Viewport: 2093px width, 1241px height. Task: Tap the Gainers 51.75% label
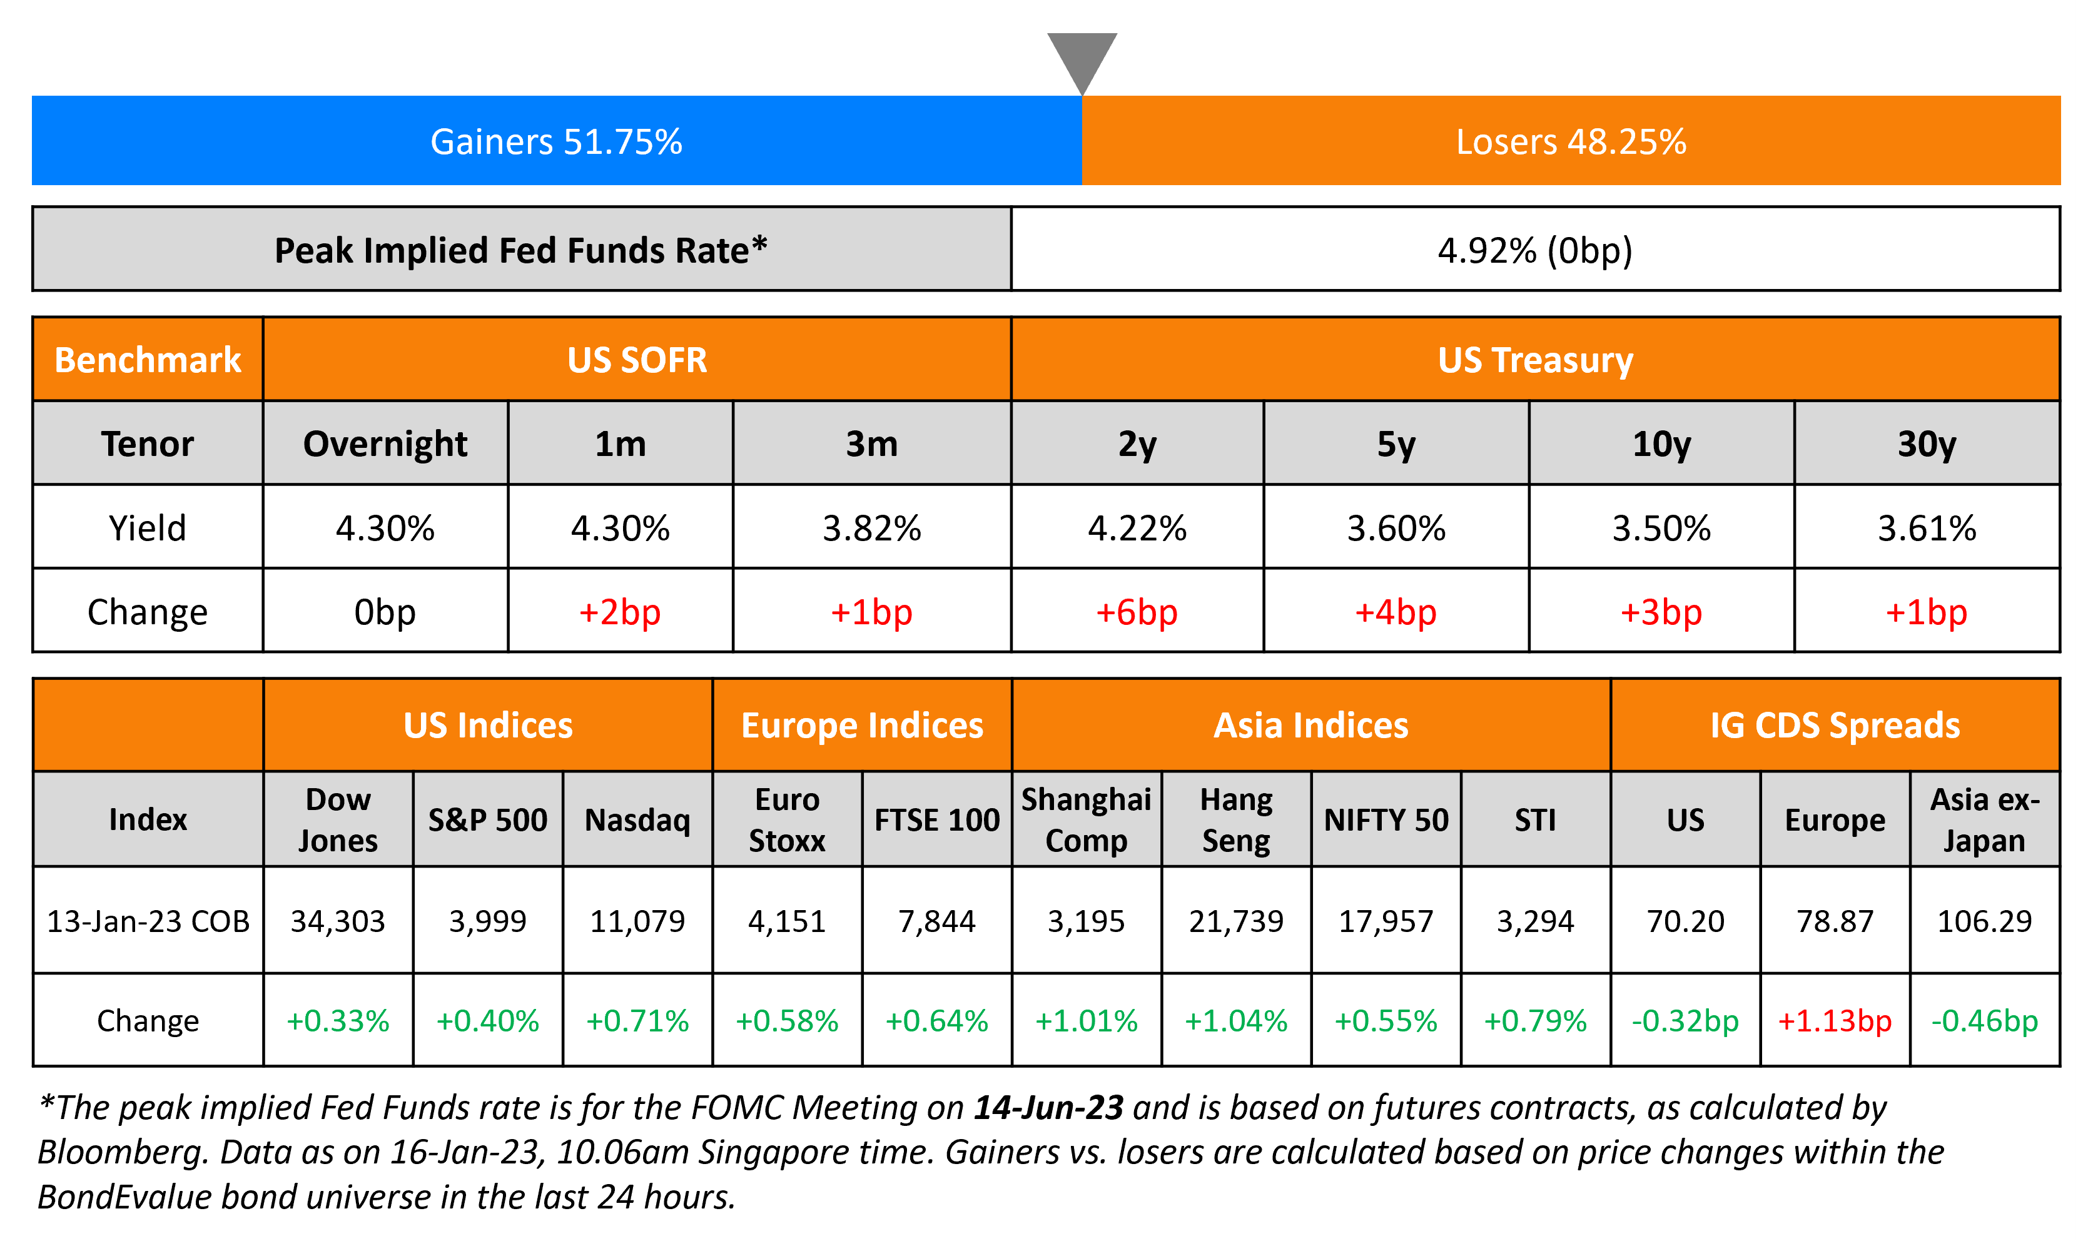[x=556, y=141]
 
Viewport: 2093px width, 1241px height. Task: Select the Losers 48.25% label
[x=1571, y=141]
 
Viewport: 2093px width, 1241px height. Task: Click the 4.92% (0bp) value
[x=1534, y=250]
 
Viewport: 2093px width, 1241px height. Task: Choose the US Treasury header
[x=1534, y=360]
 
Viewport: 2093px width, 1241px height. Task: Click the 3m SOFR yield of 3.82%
[x=871, y=528]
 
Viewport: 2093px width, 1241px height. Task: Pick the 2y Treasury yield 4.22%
[x=1137, y=528]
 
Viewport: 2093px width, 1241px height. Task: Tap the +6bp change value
[x=1137, y=612]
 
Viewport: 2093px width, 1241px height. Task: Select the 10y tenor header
[x=1661, y=443]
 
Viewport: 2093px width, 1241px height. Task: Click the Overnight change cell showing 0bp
[x=385, y=612]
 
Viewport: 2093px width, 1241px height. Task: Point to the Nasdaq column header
[x=637, y=819]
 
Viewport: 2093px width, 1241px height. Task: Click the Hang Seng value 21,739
[x=1236, y=921]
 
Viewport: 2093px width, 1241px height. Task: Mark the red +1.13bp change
[x=1835, y=1020]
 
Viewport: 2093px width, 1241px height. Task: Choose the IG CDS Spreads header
[x=1835, y=725]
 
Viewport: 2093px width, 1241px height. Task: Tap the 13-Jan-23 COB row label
[x=148, y=921]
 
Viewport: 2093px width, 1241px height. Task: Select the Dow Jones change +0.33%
[x=338, y=1020]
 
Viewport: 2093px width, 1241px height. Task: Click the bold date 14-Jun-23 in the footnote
[x=1048, y=1107]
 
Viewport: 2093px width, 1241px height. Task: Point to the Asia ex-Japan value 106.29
[x=1984, y=921]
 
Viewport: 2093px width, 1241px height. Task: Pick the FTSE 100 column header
[x=936, y=819]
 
